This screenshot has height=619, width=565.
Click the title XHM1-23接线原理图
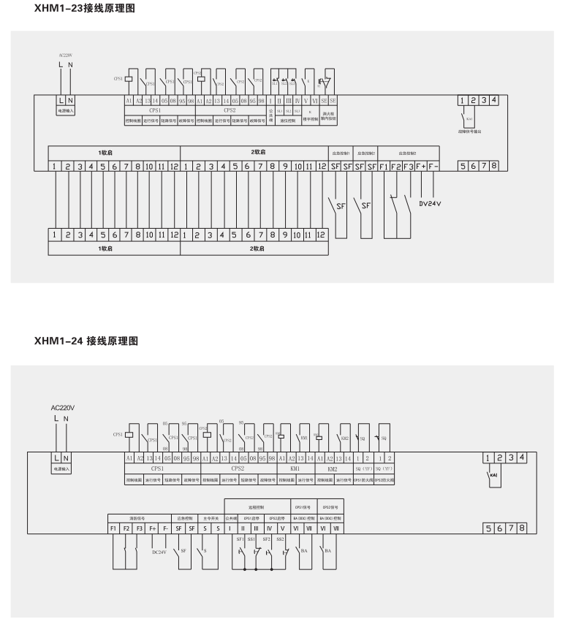click(x=85, y=10)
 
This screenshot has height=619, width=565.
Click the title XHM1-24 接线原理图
click(x=86, y=341)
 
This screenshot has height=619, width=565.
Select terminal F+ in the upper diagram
click(x=421, y=167)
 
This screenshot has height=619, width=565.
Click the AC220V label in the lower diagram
click(x=63, y=407)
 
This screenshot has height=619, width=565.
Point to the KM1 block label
click(x=295, y=468)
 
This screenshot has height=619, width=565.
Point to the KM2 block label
click(x=332, y=468)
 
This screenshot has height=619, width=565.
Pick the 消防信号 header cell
click(x=139, y=515)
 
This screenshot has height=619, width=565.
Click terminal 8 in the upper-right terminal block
click(x=494, y=167)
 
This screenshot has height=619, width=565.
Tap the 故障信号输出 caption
click(x=477, y=131)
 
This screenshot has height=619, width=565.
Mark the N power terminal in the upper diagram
click(x=70, y=99)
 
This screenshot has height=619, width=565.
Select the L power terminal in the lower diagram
click(x=57, y=457)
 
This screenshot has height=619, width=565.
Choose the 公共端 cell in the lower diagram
click(x=230, y=515)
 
